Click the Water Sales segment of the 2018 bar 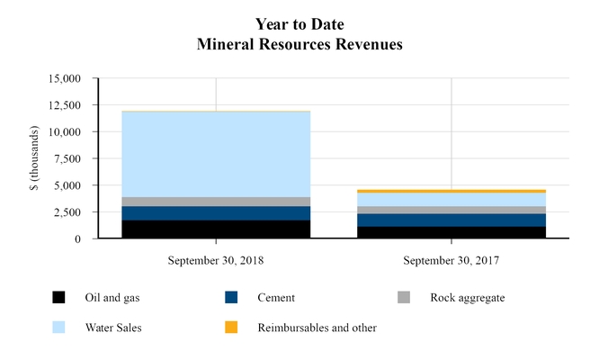tap(216, 154)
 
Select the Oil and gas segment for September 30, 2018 tap(216, 229)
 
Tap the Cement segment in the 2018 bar tap(216, 213)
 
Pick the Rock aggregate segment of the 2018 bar tap(216, 202)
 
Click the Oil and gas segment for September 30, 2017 tap(451, 232)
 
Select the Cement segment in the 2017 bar tap(451, 220)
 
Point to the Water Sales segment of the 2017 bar tap(451, 200)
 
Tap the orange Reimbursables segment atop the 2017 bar tap(451, 191)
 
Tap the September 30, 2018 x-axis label tap(216, 260)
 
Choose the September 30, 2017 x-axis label tap(451, 260)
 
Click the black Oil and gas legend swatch tap(58, 297)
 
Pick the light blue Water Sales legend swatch tap(58, 328)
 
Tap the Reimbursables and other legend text tap(317, 328)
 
